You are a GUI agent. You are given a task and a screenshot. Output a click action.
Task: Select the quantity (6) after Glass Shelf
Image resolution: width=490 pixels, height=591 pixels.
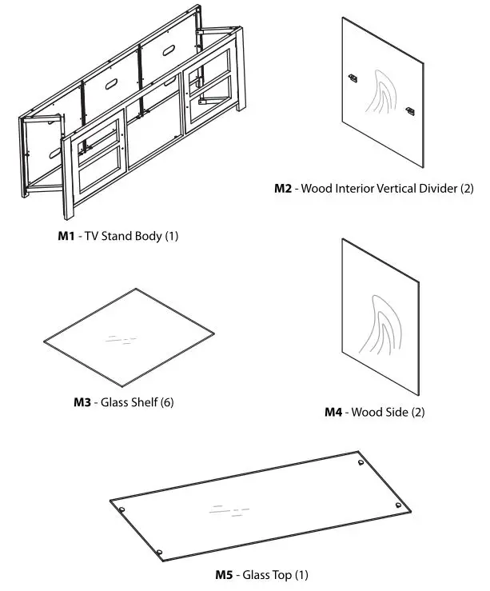pos(166,401)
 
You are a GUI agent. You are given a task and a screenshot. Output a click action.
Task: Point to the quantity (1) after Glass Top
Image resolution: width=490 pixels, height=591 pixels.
pos(301,574)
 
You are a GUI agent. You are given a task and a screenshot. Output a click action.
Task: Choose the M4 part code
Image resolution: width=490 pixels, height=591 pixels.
pos(333,412)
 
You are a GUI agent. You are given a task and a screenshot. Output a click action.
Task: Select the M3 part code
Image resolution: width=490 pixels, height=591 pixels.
pos(83,401)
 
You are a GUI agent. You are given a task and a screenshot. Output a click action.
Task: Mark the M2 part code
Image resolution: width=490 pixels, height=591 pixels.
pos(284,190)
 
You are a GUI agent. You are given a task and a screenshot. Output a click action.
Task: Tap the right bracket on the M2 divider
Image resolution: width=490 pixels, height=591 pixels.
pos(410,110)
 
